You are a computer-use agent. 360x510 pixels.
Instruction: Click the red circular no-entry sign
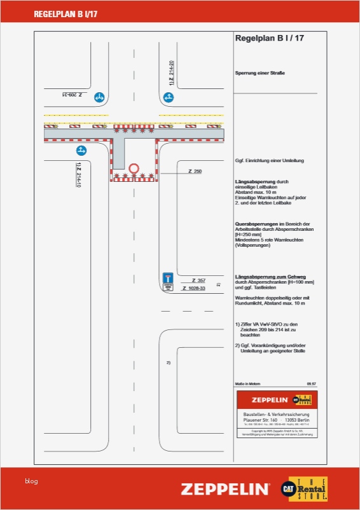click(134, 169)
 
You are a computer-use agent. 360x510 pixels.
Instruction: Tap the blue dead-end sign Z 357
click(168, 279)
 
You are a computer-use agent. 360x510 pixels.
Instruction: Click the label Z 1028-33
click(194, 289)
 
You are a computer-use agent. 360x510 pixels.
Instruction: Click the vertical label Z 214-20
click(172, 73)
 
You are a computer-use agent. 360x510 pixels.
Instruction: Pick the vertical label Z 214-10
click(79, 175)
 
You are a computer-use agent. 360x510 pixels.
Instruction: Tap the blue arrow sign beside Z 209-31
click(99, 97)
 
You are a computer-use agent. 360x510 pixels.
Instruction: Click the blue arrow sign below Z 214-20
click(168, 97)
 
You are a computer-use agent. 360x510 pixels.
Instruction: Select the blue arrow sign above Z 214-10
click(81, 151)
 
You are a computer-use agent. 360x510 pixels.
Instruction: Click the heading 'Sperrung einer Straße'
click(260, 73)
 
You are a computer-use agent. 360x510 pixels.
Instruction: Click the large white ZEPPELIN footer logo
click(225, 489)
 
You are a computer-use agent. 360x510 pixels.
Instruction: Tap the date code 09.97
click(311, 384)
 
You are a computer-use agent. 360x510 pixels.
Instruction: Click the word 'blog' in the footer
click(31, 481)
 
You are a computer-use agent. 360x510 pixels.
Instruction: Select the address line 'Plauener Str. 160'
click(258, 420)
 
